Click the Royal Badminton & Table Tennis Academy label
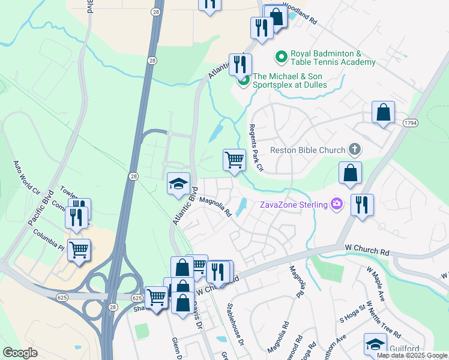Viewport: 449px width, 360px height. [x=333, y=58]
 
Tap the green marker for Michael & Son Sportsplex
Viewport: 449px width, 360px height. [x=243, y=81]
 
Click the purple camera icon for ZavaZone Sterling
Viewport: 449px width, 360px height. [x=337, y=205]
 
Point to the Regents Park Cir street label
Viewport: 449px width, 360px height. [x=256, y=148]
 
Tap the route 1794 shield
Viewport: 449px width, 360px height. [x=411, y=122]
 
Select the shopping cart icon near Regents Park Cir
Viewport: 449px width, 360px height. [x=234, y=160]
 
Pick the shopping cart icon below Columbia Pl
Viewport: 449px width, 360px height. [x=79, y=249]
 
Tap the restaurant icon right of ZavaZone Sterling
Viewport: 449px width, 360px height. [x=363, y=205]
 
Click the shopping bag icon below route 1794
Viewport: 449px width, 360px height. [x=383, y=112]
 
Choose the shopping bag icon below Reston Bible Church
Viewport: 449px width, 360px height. [x=350, y=173]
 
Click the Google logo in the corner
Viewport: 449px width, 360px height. [x=20, y=353]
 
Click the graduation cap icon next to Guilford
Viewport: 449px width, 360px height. [x=375, y=344]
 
